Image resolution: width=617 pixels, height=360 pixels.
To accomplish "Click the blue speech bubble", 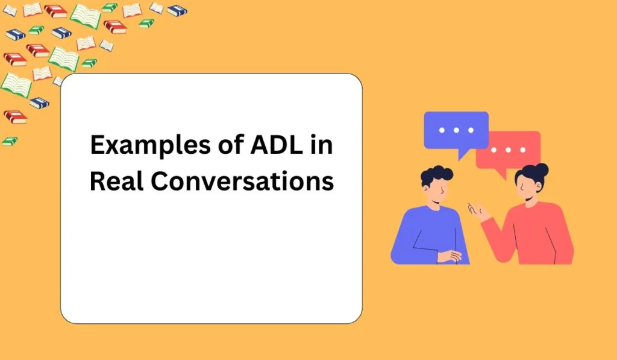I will coord(456,129).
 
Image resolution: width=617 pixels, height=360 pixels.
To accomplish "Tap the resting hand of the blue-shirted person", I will coord(448,256).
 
